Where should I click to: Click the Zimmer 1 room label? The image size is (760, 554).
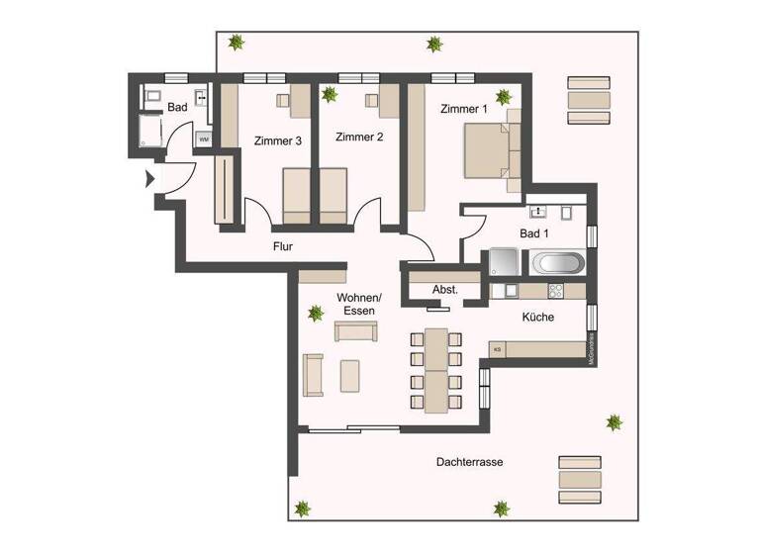pos(463,110)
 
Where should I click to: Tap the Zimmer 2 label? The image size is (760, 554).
pos(358,138)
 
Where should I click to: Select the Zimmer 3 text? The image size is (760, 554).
pos(277,140)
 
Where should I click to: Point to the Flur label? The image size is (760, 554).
pos(284,246)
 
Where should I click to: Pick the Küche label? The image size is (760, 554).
pos(537,318)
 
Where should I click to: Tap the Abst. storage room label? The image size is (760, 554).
pos(444,290)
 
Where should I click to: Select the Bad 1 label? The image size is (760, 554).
pos(533,233)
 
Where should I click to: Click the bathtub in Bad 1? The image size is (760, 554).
pos(558,263)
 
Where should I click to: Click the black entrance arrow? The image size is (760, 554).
pos(149,179)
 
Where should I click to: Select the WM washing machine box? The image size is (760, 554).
pos(204,139)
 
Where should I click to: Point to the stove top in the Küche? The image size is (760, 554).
pos(556,291)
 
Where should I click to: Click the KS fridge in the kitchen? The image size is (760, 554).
pos(498,348)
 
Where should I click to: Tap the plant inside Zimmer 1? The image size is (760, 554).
pos(503,97)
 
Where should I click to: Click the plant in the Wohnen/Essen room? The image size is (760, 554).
pos(315,314)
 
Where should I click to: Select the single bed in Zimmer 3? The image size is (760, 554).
pos(299,195)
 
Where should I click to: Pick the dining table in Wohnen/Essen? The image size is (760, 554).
pos(435,368)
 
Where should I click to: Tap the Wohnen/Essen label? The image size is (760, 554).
pos(355,304)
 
